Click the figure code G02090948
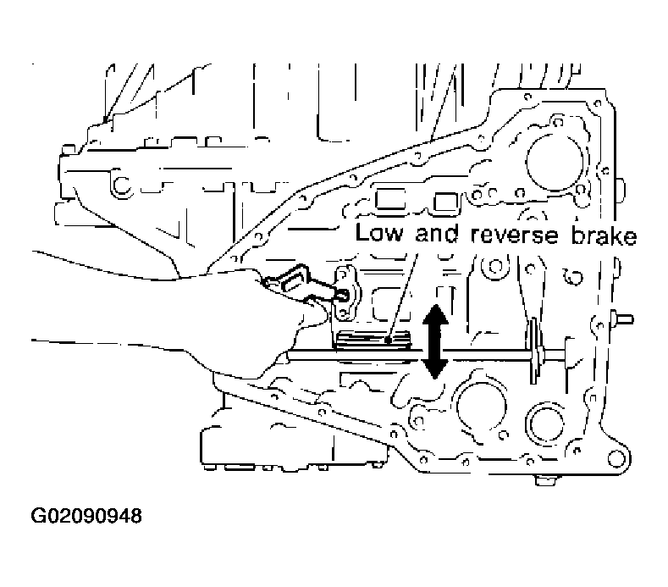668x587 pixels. click(86, 516)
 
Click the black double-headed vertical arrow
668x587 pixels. click(433, 342)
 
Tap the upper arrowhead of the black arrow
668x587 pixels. click(433, 315)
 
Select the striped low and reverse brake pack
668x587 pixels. click(373, 341)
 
